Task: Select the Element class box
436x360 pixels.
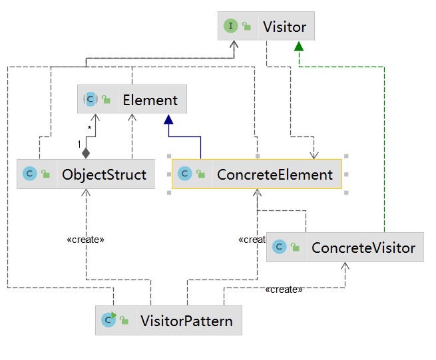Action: (x=132, y=100)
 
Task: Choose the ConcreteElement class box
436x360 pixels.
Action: (x=257, y=175)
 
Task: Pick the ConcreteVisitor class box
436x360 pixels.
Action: (x=345, y=248)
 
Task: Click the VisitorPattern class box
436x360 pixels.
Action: (x=168, y=321)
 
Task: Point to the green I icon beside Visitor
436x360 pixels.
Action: (x=232, y=27)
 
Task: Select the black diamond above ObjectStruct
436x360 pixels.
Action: (x=86, y=153)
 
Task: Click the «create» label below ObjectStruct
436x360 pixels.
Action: (x=86, y=239)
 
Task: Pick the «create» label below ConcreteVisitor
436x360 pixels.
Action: (x=284, y=290)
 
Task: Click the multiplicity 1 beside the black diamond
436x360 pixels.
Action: (x=78, y=144)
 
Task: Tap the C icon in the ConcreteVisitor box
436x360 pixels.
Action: (x=280, y=248)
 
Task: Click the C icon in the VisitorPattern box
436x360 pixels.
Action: (x=109, y=321)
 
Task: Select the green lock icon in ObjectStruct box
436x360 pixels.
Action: (x=45, y=176)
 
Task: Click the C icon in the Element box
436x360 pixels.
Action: (x=90, y=100)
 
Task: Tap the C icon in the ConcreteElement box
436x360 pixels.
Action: (x=184, y=175)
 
